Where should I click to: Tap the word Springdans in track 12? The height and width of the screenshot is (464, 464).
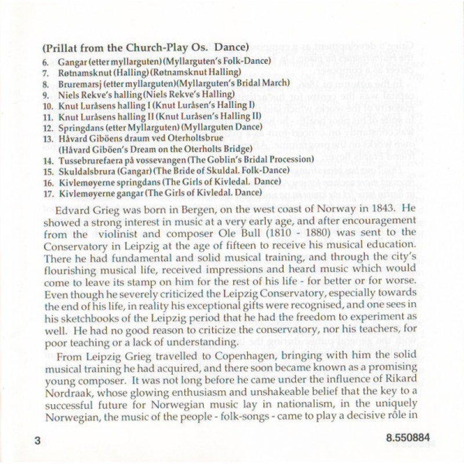click(x=77, y=127)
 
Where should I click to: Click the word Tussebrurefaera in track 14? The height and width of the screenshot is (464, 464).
click(x=86, y=159)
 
